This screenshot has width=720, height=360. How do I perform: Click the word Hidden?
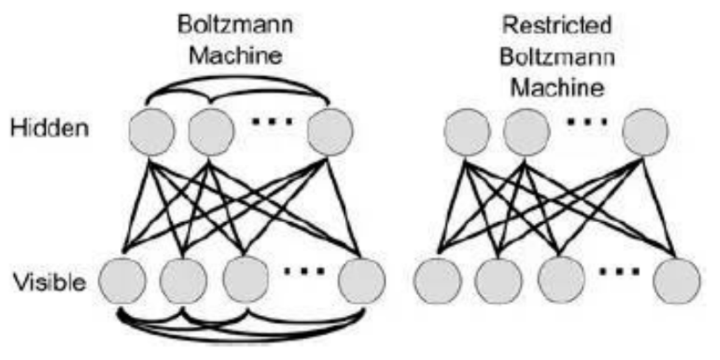(49, 129)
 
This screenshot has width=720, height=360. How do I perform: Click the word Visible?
(49, 282)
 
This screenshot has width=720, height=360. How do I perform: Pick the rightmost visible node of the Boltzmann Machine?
(362, 280)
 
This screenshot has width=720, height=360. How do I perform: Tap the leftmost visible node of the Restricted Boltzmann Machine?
(437, 280)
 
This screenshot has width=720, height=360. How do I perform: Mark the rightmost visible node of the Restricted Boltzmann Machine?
(677, 280)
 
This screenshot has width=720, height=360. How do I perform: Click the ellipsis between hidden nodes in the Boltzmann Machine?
(272, 120)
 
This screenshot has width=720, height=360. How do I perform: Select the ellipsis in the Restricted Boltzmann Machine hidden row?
(587, 120)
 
